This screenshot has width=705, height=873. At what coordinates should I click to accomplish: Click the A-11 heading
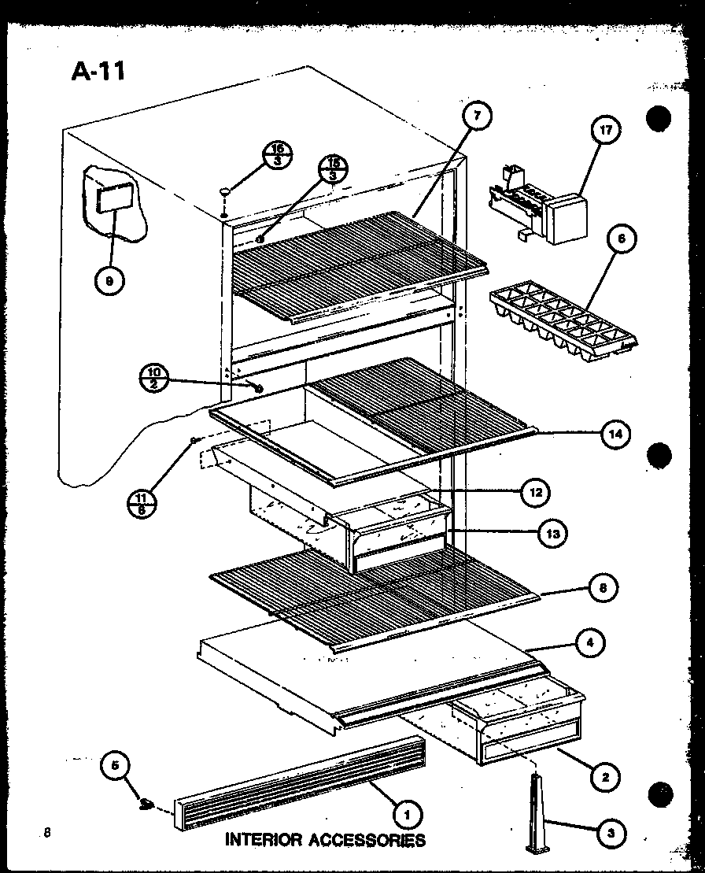[x=98, y=71]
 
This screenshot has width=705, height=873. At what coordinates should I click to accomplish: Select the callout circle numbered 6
[x=622, y=240]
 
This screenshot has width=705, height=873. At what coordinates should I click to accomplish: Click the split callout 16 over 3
[x=277, y=154]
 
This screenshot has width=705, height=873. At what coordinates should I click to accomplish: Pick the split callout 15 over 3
[x=333, y=169]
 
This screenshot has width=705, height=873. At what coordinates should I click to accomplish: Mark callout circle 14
[x=618, y=433]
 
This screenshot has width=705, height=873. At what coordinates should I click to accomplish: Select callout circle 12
[x=536, y=493]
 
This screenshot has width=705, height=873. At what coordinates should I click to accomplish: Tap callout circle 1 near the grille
[x=408, y=813]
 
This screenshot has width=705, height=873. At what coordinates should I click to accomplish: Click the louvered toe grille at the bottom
[x=295, y=780]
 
